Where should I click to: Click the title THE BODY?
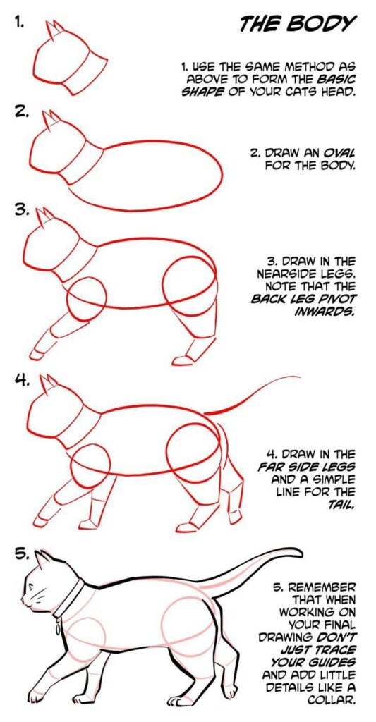[x=296, y=24]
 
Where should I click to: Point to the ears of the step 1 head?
[x=54, y=30]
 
